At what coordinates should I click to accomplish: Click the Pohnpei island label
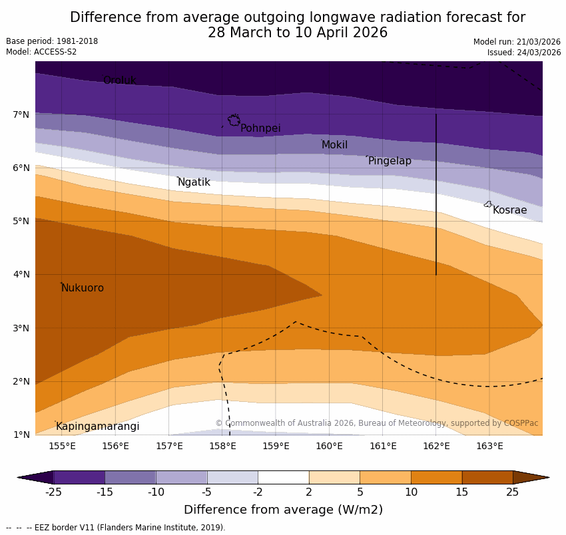point(260,128)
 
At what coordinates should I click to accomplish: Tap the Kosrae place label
point(509,210)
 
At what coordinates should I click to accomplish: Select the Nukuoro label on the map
point(83,288)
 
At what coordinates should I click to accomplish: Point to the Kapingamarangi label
point(98,427)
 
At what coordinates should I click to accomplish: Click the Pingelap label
point(390,161)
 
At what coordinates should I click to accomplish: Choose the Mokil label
point(334,145)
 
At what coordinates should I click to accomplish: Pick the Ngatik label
point(194,182)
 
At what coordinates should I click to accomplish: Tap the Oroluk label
point(119,81)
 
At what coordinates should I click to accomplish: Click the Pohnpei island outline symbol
point(234,120)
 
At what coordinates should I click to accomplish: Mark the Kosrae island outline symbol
point(488,204)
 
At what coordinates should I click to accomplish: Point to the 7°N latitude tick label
point(21,114)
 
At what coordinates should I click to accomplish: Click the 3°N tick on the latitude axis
point(21,328)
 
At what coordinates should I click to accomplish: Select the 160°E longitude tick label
point(329,446)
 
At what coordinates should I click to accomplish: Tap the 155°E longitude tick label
point(62,446)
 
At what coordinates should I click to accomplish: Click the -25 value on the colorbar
point(53,492)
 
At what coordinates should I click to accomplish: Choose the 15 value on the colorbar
point(462,492)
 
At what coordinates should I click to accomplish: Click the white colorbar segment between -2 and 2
point(284,477)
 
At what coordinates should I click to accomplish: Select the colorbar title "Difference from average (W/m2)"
point(283,510)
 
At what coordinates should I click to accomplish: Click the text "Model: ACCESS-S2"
point(41,52)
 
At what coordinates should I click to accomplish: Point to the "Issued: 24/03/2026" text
point(523,53)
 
